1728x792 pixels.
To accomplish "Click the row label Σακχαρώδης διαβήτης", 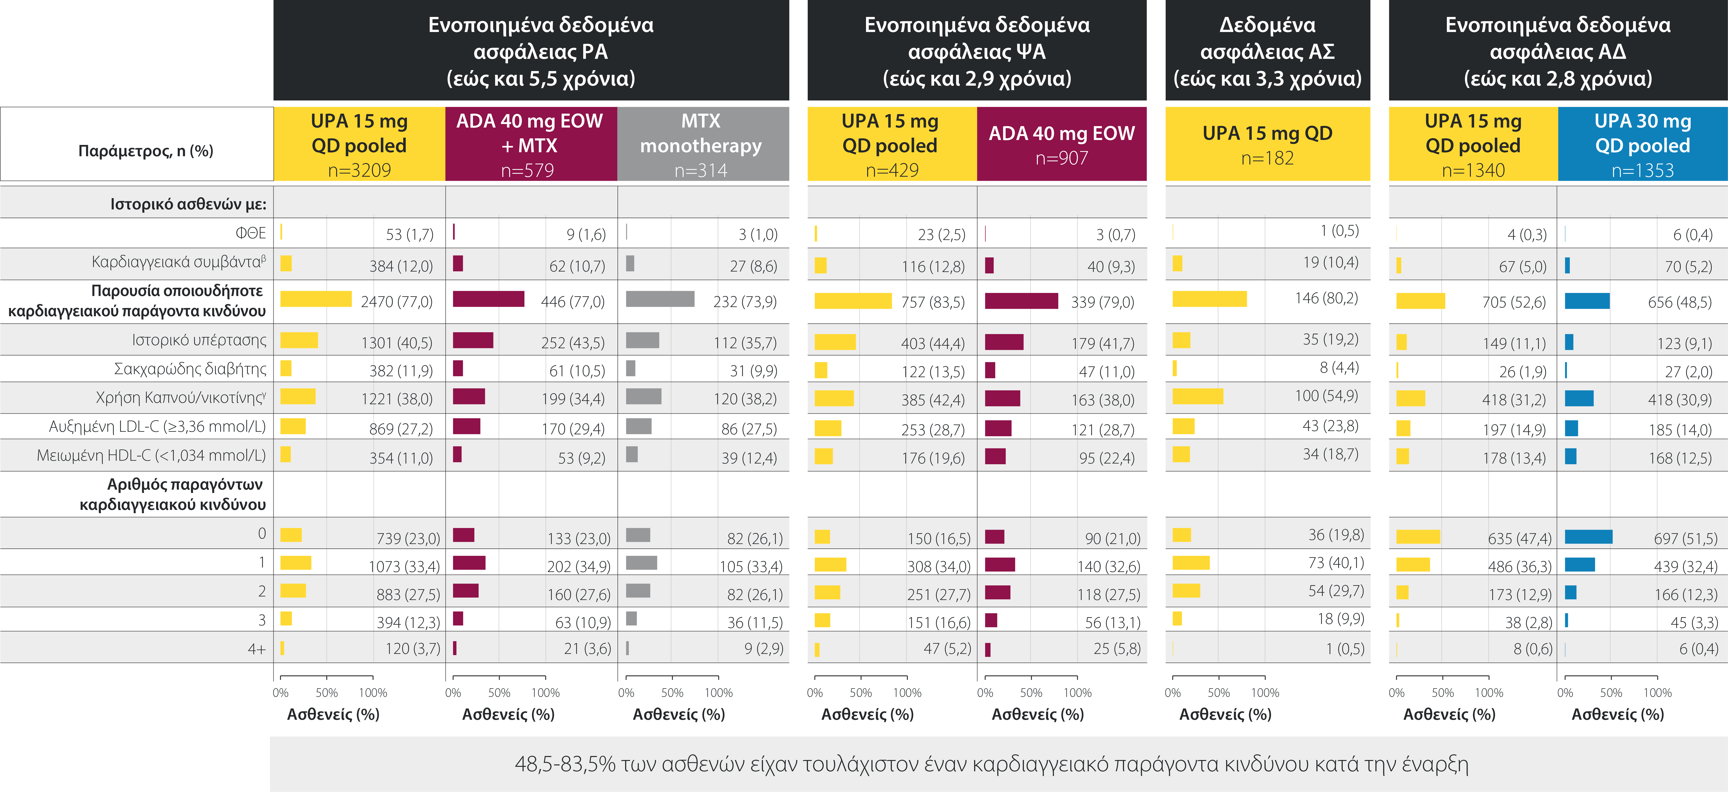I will tap(190, 369).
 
